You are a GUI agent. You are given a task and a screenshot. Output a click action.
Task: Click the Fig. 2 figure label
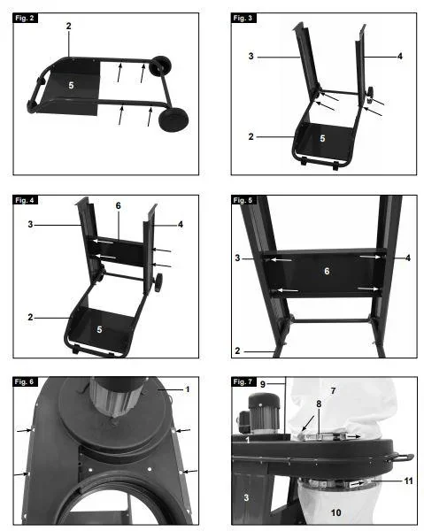tap(25, 19)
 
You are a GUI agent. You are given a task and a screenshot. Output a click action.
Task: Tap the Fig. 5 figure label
tap(243, 200)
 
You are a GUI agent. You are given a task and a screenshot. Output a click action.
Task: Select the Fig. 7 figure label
tap(243, 382)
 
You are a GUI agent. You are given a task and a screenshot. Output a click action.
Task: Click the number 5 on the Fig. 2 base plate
tap(71, 85)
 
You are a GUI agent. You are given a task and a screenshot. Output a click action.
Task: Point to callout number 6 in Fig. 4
tap(119, 206)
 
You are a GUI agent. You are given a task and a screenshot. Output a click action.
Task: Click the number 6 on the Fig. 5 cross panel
tap(327, 271)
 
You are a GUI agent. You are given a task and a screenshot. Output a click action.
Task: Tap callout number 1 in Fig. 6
tap(188, 389)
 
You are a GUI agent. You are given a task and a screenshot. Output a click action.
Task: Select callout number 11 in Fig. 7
tap(408, 481)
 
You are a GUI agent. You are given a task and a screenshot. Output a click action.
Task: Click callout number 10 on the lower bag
tap(336, 512)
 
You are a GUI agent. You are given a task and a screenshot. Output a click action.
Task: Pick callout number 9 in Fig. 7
tap(263, 385)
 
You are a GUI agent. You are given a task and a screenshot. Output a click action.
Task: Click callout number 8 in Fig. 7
tap(319, 404)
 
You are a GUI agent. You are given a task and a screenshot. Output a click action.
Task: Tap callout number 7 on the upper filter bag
tap(333, 391)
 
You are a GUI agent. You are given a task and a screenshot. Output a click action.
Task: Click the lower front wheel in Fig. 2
tap(173, 119)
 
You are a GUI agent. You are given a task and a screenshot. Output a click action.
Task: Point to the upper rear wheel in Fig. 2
tap(158, 66)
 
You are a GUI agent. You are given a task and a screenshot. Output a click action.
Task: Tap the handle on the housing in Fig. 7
tap(402, 458)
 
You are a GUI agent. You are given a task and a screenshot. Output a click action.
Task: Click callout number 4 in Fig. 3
tap(400, 57)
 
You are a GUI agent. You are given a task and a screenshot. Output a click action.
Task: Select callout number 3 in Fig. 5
tap(237, 258)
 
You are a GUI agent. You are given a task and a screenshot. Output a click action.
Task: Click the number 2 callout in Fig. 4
tap(30, 318)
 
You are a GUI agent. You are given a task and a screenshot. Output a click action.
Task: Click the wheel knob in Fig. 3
tap(371, 95)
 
